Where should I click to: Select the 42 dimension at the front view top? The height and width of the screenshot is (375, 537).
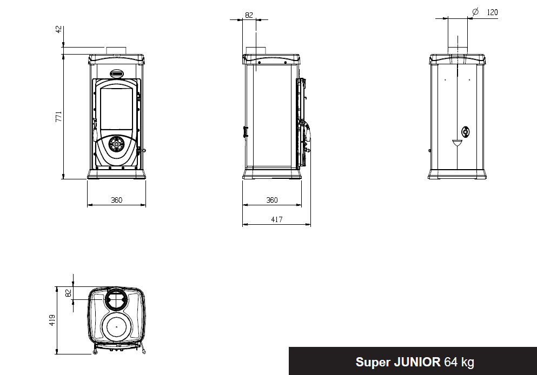pos(59,29)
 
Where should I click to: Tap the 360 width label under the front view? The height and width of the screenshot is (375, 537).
pos(116,200)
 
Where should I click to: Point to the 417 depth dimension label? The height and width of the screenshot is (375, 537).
pos(276,219)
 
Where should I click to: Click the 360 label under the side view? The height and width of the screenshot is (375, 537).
pos(271,200)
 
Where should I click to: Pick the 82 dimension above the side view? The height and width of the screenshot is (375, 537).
pos(249,15)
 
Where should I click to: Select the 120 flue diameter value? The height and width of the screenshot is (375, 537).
pos(492,12)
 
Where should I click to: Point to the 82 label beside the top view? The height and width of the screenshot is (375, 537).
pos(68,293)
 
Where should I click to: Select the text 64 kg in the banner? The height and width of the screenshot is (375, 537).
pos(459,361)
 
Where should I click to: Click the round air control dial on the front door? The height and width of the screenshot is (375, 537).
pos(115,144)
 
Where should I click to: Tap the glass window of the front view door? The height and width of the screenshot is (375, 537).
pos(116,110)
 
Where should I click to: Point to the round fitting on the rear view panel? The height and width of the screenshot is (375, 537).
pos(465,131)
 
